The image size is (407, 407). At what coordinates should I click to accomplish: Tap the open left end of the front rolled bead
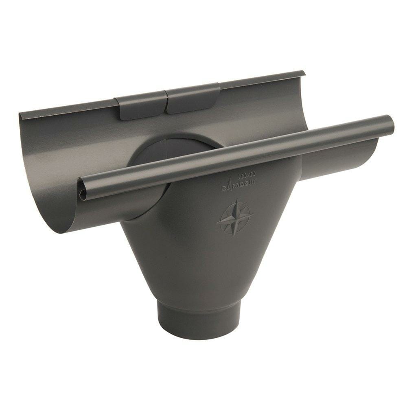tap(82, 190)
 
